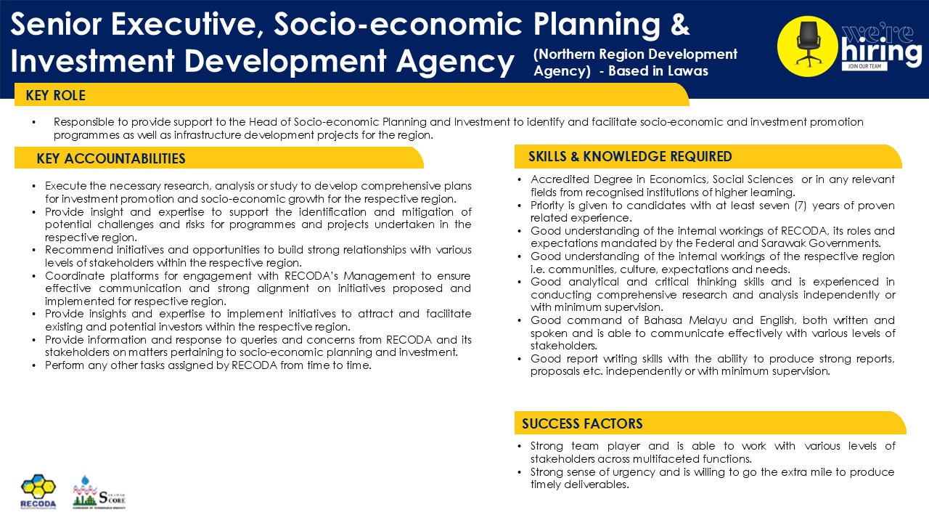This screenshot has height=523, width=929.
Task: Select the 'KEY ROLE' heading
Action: (55, 95)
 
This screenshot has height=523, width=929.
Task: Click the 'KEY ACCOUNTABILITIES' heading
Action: (111, 158)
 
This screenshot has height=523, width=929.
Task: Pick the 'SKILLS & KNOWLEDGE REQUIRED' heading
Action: (630, 156)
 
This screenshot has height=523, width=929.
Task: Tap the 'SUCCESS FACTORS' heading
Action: (582, 423)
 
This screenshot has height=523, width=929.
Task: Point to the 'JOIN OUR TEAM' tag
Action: (862, 66)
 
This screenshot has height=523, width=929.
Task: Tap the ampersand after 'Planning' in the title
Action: (679, 25)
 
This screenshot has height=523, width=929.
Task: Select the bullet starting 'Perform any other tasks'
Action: (208, 365)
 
